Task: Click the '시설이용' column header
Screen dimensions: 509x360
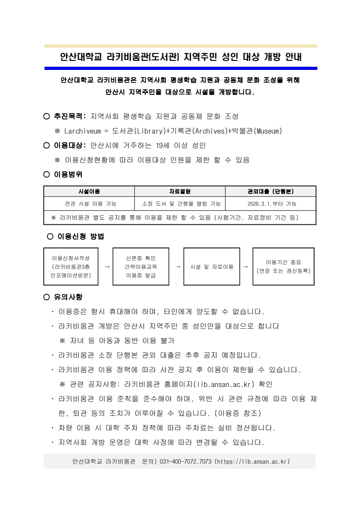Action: coord(89,192)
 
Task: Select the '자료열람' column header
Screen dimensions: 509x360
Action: coord(180,192)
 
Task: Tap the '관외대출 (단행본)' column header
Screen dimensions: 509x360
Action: coord(271,192)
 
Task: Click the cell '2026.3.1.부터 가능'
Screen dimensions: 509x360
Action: coord(271,204)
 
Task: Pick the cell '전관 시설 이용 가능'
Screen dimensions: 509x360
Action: coord(89,204)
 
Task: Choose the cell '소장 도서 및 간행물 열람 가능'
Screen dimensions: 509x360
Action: coord(180,204)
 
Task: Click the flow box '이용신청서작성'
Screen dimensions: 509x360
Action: coord(71,267)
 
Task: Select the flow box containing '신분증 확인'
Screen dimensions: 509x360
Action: coord(141,267)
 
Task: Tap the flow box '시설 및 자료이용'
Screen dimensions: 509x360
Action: coord(212,267)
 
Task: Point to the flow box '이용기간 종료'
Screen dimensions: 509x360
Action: coord(283,267)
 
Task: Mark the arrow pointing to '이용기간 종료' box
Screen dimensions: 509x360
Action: coord(246,267)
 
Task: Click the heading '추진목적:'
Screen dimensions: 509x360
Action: coord(70,116)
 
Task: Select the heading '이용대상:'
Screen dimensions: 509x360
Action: coord(70,145)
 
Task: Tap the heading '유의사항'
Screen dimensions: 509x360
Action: coord(68,297)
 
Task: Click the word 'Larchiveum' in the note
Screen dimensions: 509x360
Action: coord(84,131)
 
